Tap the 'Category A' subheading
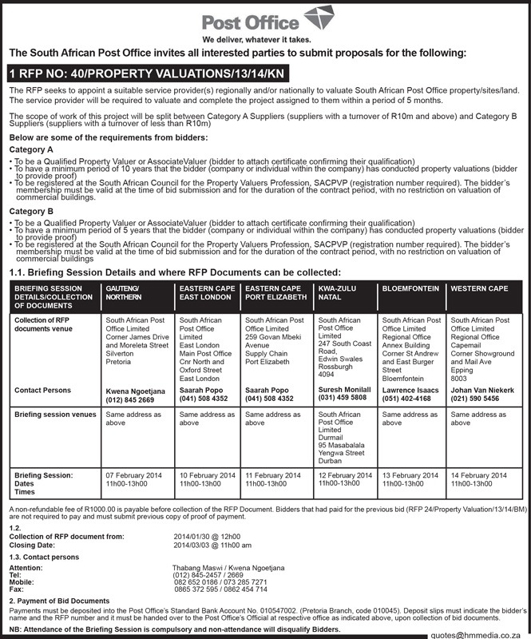click(31, 149)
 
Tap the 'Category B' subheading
click(31, 210)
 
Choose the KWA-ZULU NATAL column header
click(331, 292)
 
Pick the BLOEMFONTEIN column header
click(408, 287)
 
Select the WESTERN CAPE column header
click(479, 287)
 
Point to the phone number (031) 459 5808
click(343, 397)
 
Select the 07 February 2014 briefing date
click(133, 475)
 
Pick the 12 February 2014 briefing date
click(344, 475)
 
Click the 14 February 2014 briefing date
click(478, 475)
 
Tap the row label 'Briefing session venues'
click(55, 415)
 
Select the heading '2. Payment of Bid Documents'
click(60, 600)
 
